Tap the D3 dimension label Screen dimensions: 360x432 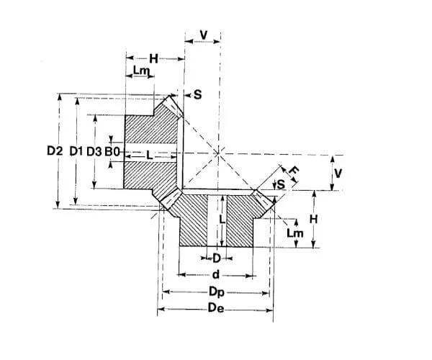point(94,151)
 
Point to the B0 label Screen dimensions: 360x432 point(112,151)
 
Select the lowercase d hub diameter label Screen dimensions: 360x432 point(216,274)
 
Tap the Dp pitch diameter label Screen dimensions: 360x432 point(216,292)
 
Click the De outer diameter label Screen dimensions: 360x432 point(216,310)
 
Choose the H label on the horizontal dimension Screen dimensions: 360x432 point(153,58)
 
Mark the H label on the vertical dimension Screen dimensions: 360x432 point(314,219)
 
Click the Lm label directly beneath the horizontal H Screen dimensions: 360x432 point(142,71)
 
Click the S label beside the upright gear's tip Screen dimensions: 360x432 point(197,94)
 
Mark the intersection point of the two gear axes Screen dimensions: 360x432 point(219,152)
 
